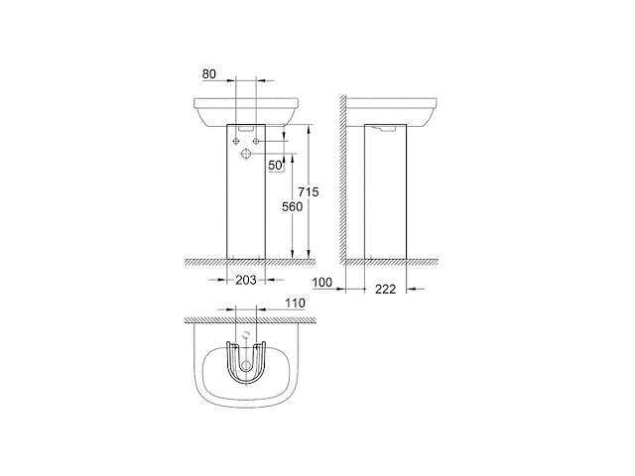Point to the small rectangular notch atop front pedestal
pyautogui.click(x=248, y=128)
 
